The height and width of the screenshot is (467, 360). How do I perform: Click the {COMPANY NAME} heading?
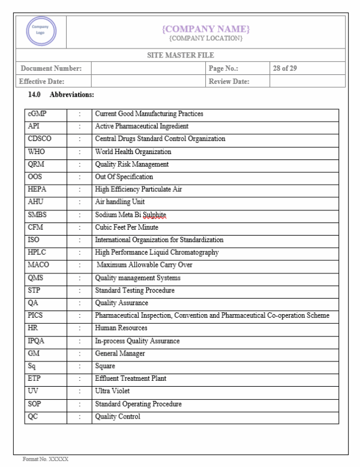[x=206, y=29]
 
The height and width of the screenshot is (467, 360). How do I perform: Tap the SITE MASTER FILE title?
[x=181, y=55]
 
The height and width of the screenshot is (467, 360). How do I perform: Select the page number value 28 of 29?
[x=284, y=68]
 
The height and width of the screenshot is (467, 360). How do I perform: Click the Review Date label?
[x=229, y=81]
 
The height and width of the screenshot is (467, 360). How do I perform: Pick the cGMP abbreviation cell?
[x=37, y=113]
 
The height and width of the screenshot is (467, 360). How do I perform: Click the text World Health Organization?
[x=133, y=152]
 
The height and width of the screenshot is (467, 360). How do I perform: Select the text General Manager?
[x=120, y=354]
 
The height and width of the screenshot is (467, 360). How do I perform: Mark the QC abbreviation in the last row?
[x=33, y=417]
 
